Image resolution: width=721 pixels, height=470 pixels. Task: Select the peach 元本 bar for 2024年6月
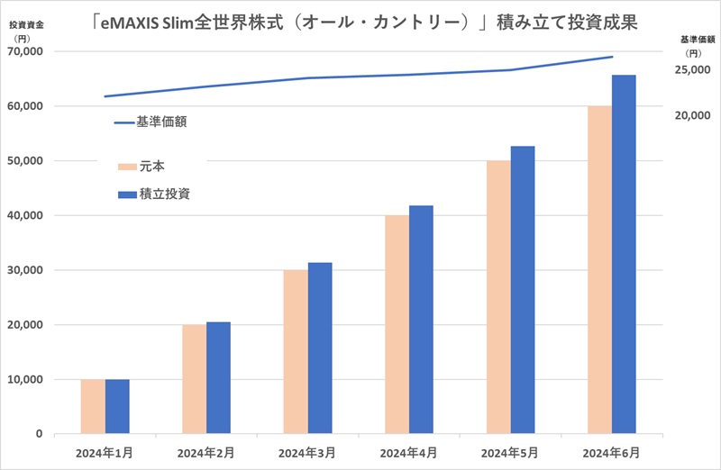click(599, 270)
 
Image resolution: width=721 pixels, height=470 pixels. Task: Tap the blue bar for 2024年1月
click(117, 406)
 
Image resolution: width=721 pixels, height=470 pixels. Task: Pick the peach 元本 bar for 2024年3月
click(296, 352)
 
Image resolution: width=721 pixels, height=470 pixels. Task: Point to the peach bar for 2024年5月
click(498, 297)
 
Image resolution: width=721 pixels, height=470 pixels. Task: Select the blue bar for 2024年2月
click(218, 377)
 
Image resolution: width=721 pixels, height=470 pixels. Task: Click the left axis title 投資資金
click(26, 25)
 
